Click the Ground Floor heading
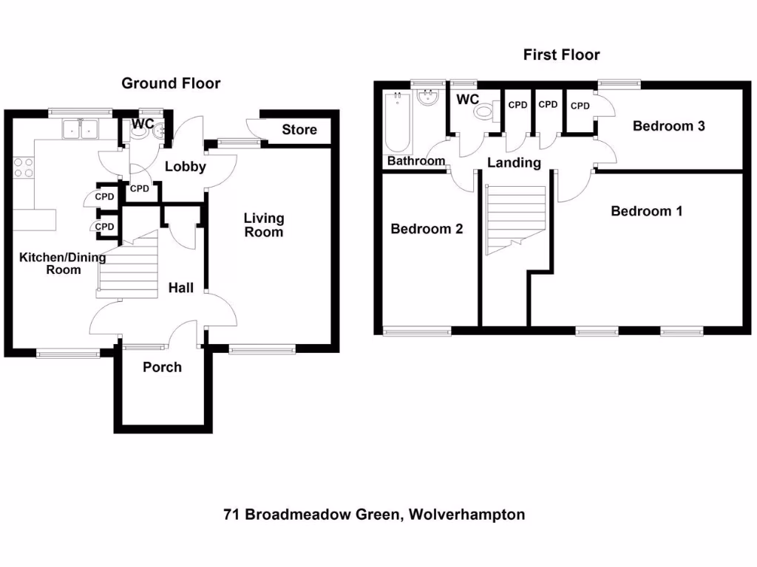pyautogui.click(x=171, y=83)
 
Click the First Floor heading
pyautogui.click(x=561, y=55)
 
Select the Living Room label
pyautogui.click(x=264, y=225)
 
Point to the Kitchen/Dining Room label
pyautogui.click(x=52, y=264)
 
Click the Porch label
pyautogui.click(x=162, y=367)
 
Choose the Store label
pyautogui.click(x=299, y=130)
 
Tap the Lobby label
pyautogui.click(x=185, y=167)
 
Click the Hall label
pyautogui.click(x=180, y=287)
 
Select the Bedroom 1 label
pyautogui.click(x=646, y=211)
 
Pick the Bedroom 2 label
pyautogui.click(x=427, y=229)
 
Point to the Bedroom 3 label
pyautogui.click(x=668, y=126)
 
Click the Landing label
pyautogui.click(x=514, y=163)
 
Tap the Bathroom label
pyautogui.click(x=416, y=161)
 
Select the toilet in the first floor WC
pyautogui.click(x=485, y=113)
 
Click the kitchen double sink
pyautogui.click(x=81, y=129)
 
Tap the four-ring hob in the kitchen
pyautogui.click(x=23, y=168)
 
